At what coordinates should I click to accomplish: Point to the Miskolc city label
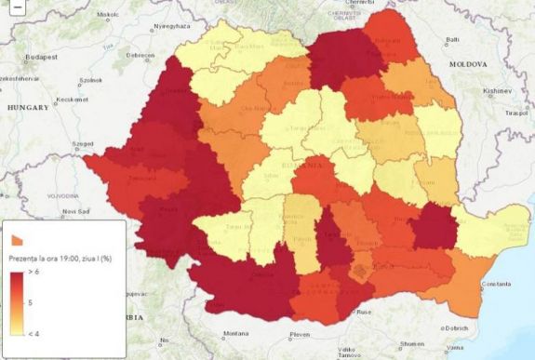coord(106,15)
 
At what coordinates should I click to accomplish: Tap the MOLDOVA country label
coord(462,64)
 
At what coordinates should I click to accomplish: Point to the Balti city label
coord(453,40)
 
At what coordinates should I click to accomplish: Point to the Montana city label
coord(235,333)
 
